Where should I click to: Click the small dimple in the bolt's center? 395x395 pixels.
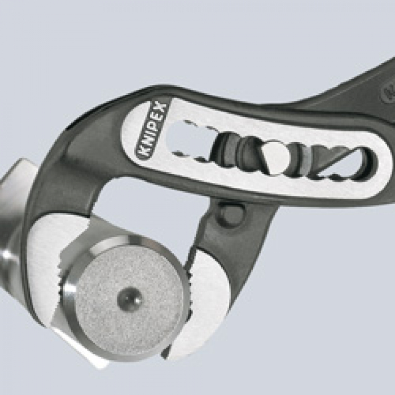[x=130, y=299]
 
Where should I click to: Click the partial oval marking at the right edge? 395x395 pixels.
[x=389, y=90]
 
